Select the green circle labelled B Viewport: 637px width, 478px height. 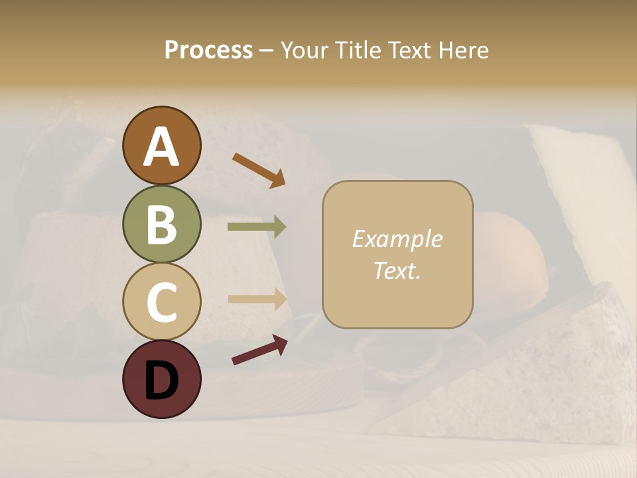point(161,224)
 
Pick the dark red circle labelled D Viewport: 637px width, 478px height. point(161,379)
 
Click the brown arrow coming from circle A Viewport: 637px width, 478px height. point(259,169)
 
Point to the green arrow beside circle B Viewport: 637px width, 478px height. point(257,227)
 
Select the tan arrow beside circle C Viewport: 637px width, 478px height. point(257,299)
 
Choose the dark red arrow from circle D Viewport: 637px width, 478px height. point(259,349)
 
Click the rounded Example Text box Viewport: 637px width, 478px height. point(397,254)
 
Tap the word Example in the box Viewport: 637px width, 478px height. point(397,239)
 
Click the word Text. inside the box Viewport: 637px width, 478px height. point(397,270)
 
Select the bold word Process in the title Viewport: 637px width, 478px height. point(208,50)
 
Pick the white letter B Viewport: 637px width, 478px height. point(161,224)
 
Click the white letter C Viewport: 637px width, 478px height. point(161,302)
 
